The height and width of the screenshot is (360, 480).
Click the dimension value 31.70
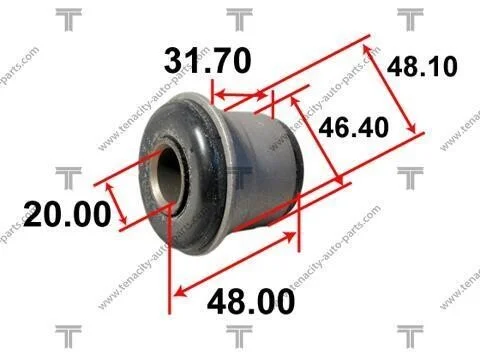click(207, 61)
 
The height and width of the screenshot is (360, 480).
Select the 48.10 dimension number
click(422, 67)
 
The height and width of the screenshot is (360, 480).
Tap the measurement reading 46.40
click(354, 127)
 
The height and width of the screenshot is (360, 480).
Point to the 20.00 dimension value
click(67, 214)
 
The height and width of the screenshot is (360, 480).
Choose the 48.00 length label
click(251, 302)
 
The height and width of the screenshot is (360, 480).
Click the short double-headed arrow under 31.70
click(241, 96)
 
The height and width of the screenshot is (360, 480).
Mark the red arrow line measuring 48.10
click(390, 89)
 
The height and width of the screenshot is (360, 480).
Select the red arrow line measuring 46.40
click(317, 140)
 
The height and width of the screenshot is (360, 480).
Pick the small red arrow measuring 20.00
click(116, 204)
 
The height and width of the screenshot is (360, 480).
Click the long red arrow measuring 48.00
click(235, 264)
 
